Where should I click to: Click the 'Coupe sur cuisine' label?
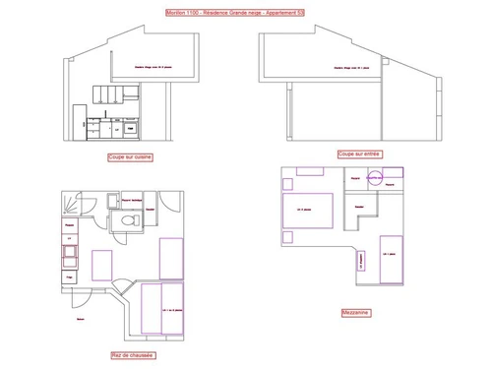(x=130, y=155)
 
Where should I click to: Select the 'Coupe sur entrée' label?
(x=359, y=154)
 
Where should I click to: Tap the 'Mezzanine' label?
(x=355, y=314)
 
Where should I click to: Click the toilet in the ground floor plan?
(x=126, y=222)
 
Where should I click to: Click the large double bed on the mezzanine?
(x=310, y=209)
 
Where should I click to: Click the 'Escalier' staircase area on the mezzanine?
(x=361, y=206)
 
